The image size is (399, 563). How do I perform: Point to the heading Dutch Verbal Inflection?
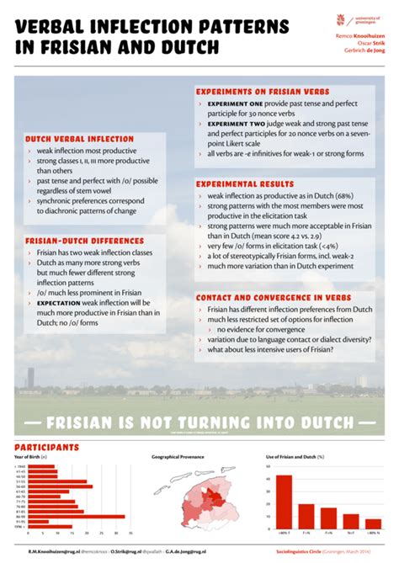[69, 138]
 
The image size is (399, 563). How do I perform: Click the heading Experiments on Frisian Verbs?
[263, 91]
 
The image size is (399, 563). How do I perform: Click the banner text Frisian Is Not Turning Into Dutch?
[199, 422]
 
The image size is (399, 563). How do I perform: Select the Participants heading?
[47, 447]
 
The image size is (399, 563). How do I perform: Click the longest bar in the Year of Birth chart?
[77, 516]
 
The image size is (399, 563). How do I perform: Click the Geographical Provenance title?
[179, 457]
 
